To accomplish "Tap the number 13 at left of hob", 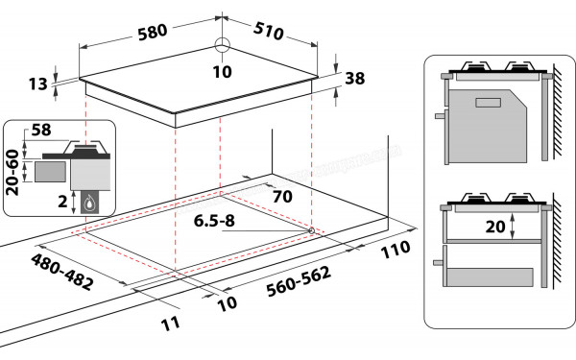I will pyautogui.click(x=37, y=84).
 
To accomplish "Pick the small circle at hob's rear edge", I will pyautogui.click(x=223, y=44).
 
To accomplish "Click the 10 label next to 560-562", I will pyautogui.click(x=226, y=305).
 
